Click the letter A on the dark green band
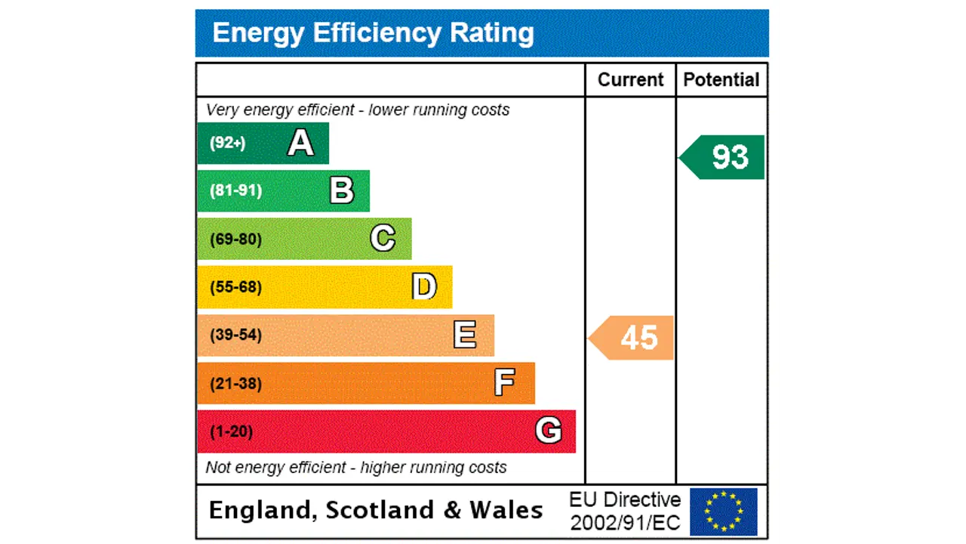click(300, 143)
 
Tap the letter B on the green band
click(342, 190)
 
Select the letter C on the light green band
click(383, 239)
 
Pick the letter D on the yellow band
click(424, 287)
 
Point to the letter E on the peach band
click(465, 335)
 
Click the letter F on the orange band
click(505, 383)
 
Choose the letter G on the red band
click(549, 431)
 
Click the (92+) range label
click(228, 143)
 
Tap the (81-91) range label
click(236, 190)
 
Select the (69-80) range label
click(236, 240)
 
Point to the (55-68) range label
click(236, 287)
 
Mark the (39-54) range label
click(236, 335)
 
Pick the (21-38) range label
click(236, 384)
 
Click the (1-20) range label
click(232, 431)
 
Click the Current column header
click(630, 80)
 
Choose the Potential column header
click(721, 80)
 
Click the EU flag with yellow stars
click(724, 512)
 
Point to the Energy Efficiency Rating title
click(374, 33)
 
